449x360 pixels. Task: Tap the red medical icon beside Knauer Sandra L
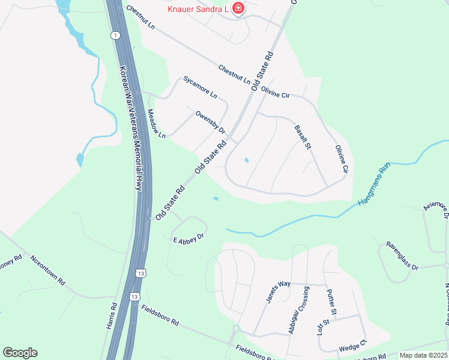239,8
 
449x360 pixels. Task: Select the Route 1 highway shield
113,36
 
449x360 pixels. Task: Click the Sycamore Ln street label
200,87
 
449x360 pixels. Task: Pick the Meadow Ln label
155,124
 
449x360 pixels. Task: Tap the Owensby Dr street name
210,122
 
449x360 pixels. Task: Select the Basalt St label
303,137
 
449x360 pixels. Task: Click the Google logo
20,353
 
